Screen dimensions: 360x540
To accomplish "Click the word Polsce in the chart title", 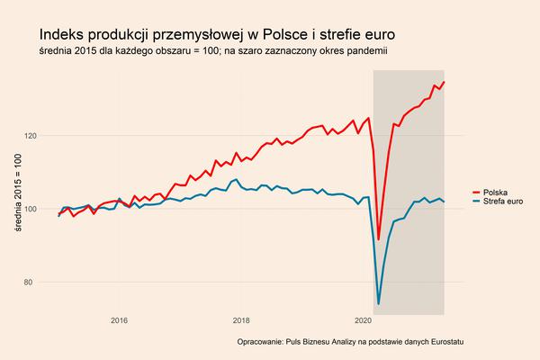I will [x=287, y=34].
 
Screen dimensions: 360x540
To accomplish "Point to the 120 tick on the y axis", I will [x=31, y=136].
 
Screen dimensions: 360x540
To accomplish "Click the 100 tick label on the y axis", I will [x=31, y=209].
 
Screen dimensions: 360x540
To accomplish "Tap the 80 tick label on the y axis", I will [x=33, y=283].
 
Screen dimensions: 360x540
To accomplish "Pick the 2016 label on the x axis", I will [x=119, y=320].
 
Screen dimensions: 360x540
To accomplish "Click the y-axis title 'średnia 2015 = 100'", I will [x=16, y=194].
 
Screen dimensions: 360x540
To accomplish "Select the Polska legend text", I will [x=496, y=193].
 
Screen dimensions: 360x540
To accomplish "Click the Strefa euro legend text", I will [x=504, y=202].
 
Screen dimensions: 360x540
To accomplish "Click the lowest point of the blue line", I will [x=379, y=303].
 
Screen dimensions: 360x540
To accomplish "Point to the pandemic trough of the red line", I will [x=379, y=238].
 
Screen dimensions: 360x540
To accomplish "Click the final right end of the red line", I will [x=445, y=82].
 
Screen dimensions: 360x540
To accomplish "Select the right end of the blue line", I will [x=445, y=201].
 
